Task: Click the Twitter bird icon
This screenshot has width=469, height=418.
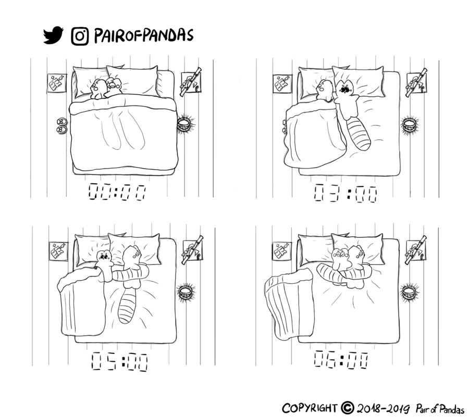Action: [53, 35]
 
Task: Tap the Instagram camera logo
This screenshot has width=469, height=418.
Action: [80, 36]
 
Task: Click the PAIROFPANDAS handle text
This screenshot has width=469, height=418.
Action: [144, 35]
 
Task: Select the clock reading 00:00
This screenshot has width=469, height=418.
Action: [117, 192]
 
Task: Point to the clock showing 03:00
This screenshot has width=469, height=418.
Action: [345, 193]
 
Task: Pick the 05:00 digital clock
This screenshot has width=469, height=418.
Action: [119, 362]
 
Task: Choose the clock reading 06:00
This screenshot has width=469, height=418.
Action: [341, 359]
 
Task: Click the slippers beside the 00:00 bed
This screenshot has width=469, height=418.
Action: [61, 125]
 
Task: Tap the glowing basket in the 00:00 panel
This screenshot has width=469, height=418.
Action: [185, 124]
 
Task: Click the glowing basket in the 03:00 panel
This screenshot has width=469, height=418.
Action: [410, 124]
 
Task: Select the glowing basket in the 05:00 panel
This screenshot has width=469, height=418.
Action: [186, 292]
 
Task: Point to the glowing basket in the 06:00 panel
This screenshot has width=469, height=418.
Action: [409, 292]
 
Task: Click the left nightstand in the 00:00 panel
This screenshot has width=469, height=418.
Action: [57, 83]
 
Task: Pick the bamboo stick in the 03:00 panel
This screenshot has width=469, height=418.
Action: [416, 83]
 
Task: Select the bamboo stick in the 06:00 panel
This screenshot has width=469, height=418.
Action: [416, 250]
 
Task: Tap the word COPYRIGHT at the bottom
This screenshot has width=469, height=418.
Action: [309, 408]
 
